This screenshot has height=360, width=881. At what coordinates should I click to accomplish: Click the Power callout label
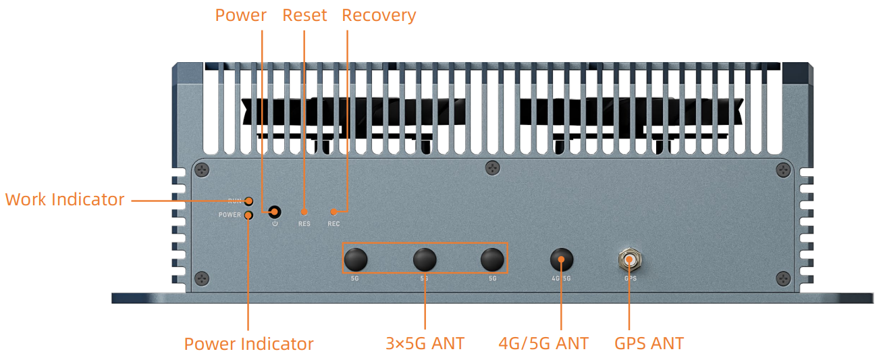pyautogui.click(x=241, y=15)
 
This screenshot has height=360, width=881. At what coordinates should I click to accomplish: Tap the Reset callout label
pyautogui.click(x=304, y=15)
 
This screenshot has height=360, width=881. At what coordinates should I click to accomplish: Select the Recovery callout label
pyautogui.click(x=379, y=15)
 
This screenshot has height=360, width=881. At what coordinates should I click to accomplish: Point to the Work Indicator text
pyautogui.click(x=65, y=200)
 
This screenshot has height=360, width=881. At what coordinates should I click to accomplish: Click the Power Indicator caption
pyautogui.click(x=248, y=344)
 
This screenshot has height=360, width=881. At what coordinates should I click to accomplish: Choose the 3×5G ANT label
pyautogui.click(x=425, y=343)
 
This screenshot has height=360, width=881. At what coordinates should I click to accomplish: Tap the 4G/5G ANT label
pyautogui.click(x=543, y=343)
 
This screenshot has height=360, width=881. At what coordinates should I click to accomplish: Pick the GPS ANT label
pyautogui.click(x=649, y=343)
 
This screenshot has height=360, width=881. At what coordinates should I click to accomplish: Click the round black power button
pyautogui.click(x=275, y=211)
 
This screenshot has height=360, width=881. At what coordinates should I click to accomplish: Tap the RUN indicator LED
pyautogui.click(x=249, y=201)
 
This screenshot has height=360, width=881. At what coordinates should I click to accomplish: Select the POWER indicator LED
pyautogui.click(x=249, y=215)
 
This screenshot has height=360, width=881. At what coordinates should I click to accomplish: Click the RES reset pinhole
pyautogui.click(x=304, y=212)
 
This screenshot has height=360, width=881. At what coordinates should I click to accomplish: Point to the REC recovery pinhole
pyautogui.click(x=333, y=212)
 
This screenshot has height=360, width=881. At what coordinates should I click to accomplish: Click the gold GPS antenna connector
pyautogui.click(x=629, y=259)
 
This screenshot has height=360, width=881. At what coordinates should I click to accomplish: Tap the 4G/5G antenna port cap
pyautogui.click(x=561, y=259)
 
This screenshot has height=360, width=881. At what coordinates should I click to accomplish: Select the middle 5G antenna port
pyautogui.click(x=425, y=259)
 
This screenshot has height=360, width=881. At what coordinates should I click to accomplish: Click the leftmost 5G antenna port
pyautogui.click(x=356, y=259)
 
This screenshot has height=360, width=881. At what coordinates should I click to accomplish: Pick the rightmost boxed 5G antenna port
pyautogui.click(x=492, y=259)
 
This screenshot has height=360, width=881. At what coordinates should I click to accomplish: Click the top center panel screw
pyautogui.click(x=493, y=168)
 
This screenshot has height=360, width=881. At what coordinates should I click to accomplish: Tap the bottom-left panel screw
pyautogui.click(x=202, y=278)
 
